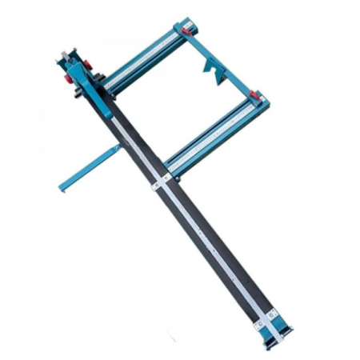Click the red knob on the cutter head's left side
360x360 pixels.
(x=64, y=81)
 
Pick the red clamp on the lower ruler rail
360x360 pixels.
(x=257, y=96)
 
